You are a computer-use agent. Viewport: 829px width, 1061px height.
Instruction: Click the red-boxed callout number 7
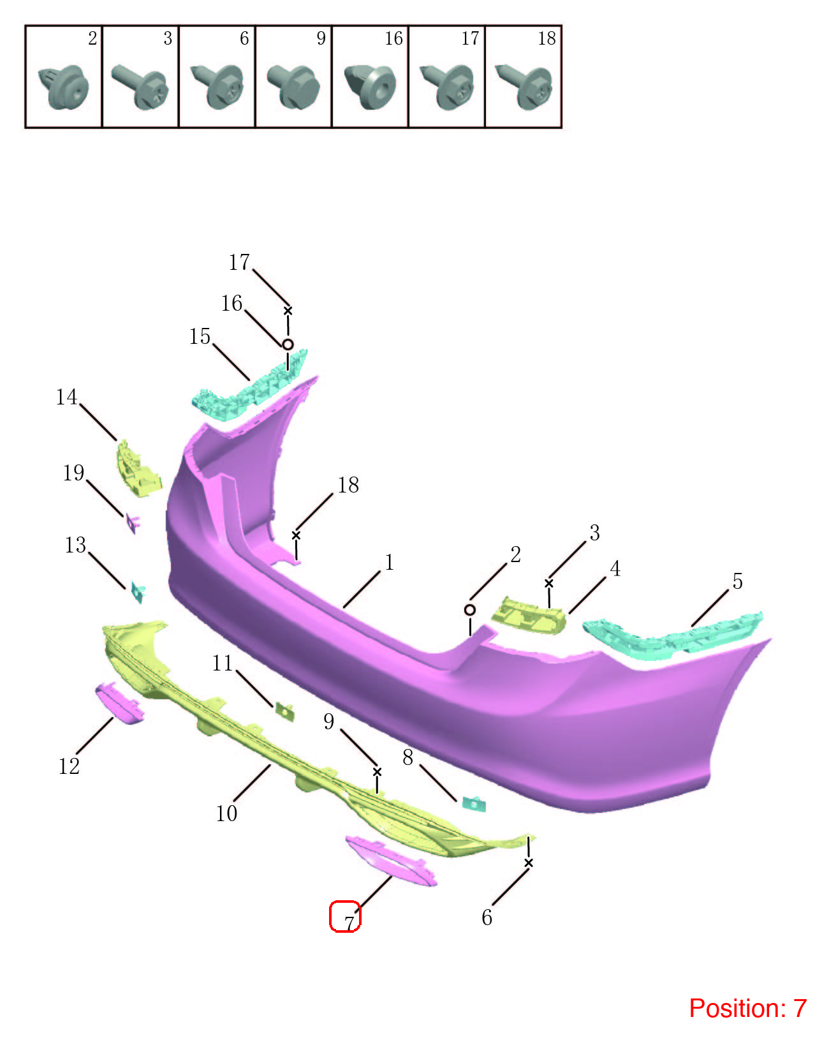click(x=349, y=923)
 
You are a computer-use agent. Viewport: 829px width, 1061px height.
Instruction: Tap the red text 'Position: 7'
click(x=747, y=1008)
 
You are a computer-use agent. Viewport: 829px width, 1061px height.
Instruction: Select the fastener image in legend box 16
click(x=370, y=86)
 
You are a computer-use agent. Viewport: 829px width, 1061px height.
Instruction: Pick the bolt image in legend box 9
click(x=293, y=86)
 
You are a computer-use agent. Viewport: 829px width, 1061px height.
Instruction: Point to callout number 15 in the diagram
click(x=200, y=336)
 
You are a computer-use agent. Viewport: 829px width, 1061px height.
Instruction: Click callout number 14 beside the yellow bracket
click(x=66, y=396)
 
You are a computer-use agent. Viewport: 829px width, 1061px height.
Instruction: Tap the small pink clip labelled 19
click(x=133, y=523)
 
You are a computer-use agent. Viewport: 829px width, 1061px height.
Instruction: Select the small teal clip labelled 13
click(x=138, y=592)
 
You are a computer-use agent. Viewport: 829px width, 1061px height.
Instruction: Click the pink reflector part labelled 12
click(x=119, y=703)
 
